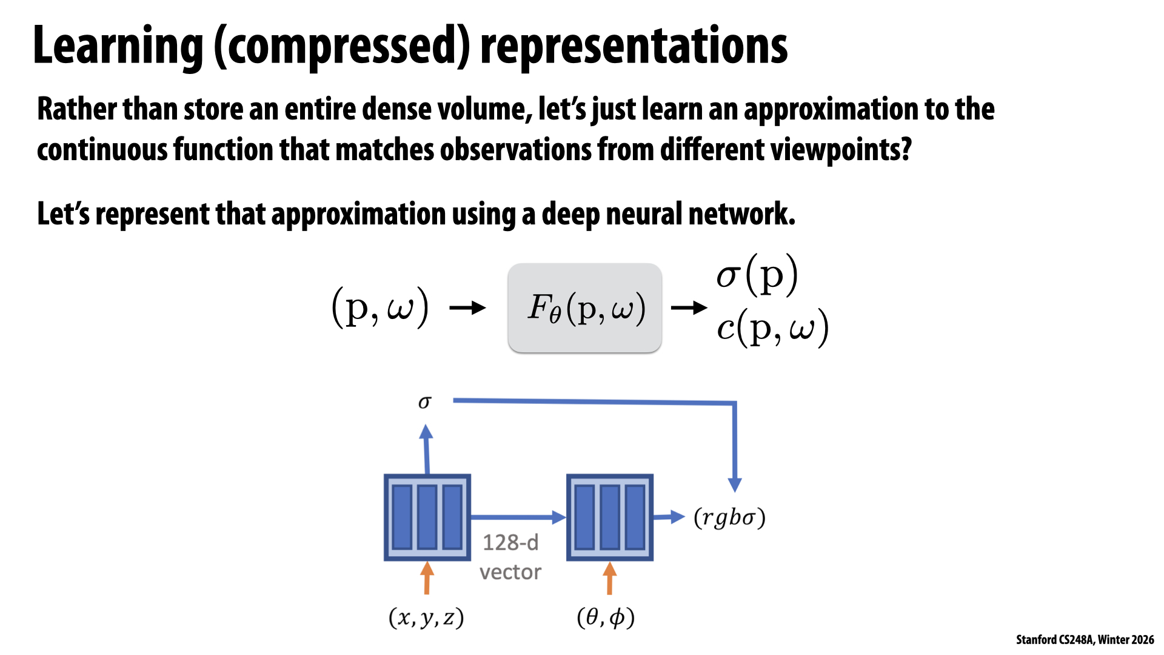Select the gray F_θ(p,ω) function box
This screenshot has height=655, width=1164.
tap(584, 307)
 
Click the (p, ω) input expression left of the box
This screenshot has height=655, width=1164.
tap(380, 307)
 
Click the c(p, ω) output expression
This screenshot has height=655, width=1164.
tap(772, 328)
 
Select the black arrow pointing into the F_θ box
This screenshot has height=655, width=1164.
tap(467, 308)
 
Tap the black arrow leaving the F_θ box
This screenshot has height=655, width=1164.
tap(689, 308)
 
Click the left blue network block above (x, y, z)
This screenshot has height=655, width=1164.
tap(427, 517)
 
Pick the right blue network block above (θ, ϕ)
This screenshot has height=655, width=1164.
tap(610, 517)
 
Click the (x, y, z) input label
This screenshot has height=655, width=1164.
tap(426, 617)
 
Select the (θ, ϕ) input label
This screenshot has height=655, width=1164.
tap(606, 617)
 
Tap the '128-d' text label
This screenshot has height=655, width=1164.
tap(510, 542)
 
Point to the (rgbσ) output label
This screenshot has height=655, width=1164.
tap(729, 517)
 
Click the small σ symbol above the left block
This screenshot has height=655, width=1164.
tap(425, 402)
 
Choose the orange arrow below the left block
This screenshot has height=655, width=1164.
tap(427, 577)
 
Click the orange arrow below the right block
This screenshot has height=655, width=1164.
tap(610, 577)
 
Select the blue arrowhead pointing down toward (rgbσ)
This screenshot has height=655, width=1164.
tap(735, 484)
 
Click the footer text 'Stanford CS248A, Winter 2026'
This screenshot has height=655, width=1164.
tap(1085, 639)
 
